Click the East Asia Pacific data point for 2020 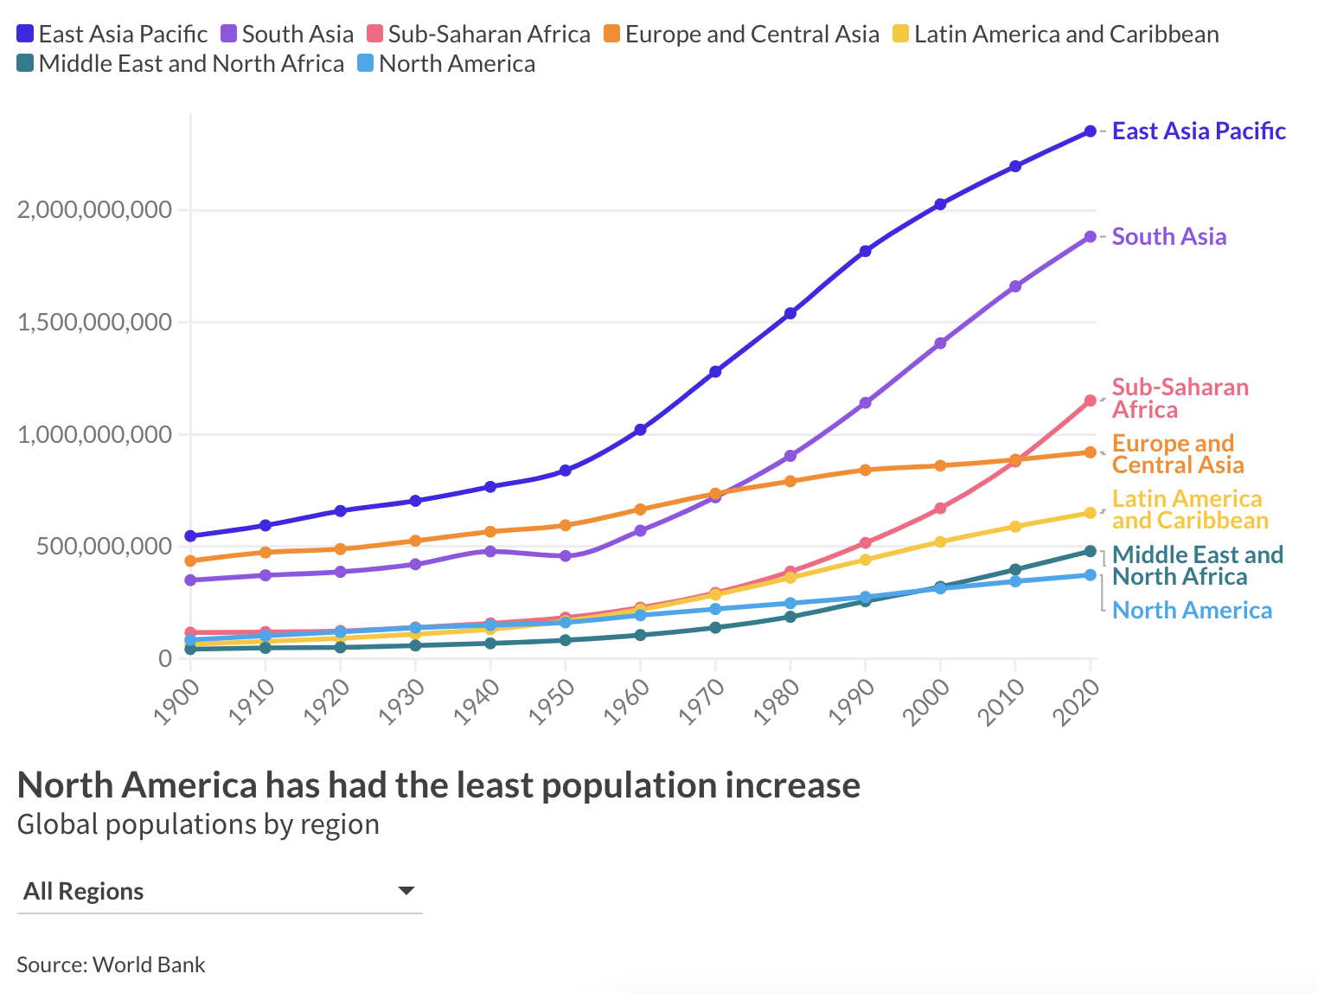(1091, 131)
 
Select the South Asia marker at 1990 (866, 403)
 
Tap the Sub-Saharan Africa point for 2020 (1091, 400)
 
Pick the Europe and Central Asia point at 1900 (190, 561)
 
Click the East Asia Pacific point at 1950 (566, 471)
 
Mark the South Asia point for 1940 (490, 551)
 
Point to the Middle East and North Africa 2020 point (1091, 551)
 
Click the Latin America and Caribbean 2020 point (1091, 513)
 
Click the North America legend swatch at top (366, 64)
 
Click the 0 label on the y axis (165, 658)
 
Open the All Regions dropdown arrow (406, 891)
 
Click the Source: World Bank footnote (111, 964)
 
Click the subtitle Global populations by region (198, 824)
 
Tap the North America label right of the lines (1192, 611)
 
